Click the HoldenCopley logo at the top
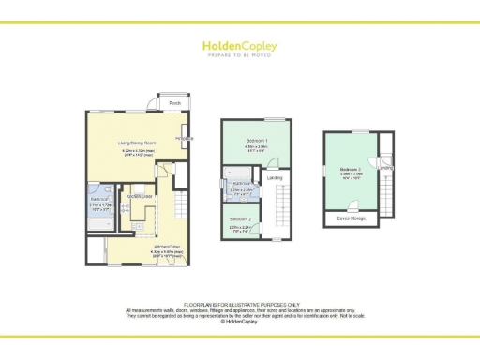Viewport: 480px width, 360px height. click(x=239, y=44)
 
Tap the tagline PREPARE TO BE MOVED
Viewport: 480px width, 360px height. click(x=239, y=54)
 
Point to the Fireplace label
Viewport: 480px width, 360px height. click(x=184, y=139)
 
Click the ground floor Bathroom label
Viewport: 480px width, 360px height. click(x=101, y=200)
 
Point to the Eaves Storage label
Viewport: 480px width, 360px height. click(x=351, y=217)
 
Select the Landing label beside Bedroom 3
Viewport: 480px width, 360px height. click(x=385, y=168)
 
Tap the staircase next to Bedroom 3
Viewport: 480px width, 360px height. click(x=385, y=192)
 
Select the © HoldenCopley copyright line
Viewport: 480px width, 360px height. click(x=239, y=322)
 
